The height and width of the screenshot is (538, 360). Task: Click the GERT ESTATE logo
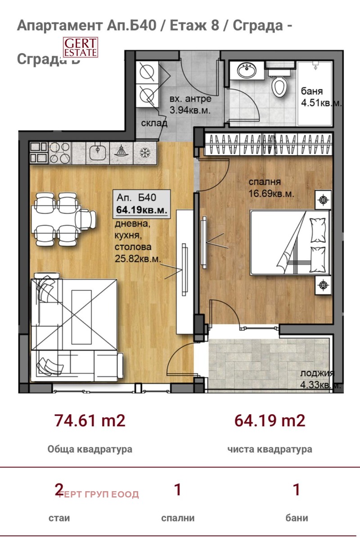[x=80, y=47]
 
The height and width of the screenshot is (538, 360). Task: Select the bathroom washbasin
[x=247, y=71]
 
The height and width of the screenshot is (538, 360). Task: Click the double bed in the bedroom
[x=290, y=242]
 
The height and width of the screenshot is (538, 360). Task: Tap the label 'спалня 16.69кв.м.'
[x=272, y=188]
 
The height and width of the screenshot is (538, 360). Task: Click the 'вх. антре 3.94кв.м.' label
[x=190, y=104]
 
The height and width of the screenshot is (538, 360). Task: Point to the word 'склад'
[x=154, y=123]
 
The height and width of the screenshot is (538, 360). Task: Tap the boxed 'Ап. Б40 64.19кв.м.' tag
[x=142, y=203]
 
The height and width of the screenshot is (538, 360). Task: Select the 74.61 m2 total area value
[x=90, y=420]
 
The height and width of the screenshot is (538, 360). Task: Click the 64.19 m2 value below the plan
[x=270, y=420]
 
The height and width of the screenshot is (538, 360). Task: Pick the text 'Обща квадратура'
[x=90, y=449]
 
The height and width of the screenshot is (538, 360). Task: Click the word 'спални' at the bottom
[x=178, y=518]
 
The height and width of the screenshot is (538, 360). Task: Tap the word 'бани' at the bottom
[x=297, y=518]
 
